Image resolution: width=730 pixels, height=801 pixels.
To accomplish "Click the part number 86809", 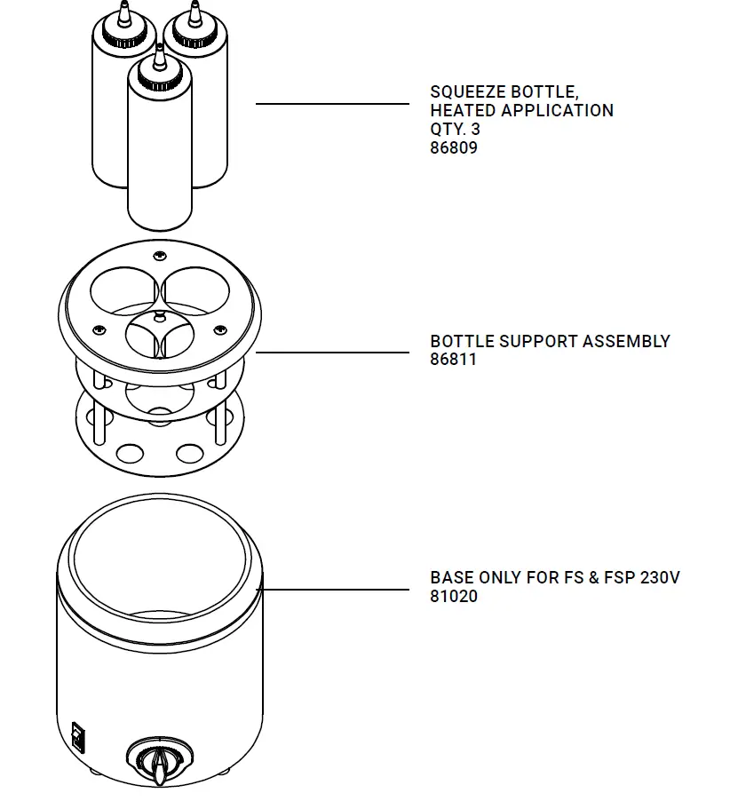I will click(454, 148).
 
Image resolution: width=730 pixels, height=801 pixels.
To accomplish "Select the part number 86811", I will click(454, 360).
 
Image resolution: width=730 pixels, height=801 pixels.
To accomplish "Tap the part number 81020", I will click(454, 596).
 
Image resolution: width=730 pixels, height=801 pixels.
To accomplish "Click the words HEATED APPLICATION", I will click(521, 111).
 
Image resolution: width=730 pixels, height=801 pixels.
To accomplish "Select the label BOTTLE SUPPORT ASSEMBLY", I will click(550, 341).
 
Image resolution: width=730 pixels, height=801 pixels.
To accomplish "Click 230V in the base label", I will click(660, 577).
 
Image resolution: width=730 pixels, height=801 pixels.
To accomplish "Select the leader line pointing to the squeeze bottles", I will click(332, 104).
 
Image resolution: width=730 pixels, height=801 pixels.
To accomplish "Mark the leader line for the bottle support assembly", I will click(332, 353).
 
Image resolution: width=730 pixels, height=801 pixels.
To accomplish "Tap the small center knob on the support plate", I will click(159, 314).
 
